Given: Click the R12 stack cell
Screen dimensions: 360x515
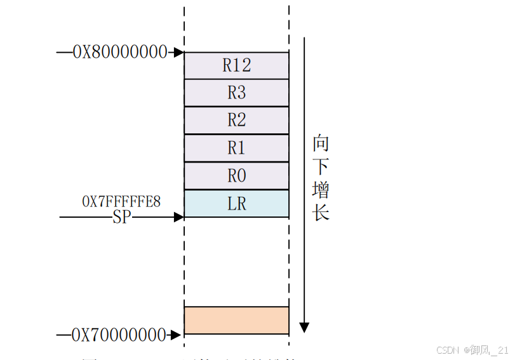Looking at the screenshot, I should coord(236,65).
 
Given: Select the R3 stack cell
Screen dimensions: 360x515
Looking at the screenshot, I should coord(236,93).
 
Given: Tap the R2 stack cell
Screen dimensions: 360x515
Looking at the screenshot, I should coord(236,120).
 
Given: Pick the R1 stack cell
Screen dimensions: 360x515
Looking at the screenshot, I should coord(236,148).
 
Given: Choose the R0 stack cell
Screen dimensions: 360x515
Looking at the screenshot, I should coord(236,176).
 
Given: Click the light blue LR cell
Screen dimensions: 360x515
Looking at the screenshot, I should coord(236,204).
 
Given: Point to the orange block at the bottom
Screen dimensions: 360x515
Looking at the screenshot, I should coord(236,320).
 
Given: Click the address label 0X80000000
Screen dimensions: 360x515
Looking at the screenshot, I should coord(120,52).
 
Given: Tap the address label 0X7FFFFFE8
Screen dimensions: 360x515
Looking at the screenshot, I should coord(121,202).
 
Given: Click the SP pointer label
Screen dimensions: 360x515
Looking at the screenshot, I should coord(123,217).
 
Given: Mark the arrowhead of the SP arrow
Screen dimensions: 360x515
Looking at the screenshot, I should coord(179,217).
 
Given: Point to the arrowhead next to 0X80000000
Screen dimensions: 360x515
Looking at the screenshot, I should coord(179,53).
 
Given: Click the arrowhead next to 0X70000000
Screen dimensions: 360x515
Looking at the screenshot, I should coord(179,334).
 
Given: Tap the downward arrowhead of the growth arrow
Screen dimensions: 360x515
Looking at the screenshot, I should coord(304,327).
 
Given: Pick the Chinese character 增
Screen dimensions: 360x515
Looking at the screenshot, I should coord(321,190).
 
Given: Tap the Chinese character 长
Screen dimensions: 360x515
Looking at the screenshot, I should coord(321,213).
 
